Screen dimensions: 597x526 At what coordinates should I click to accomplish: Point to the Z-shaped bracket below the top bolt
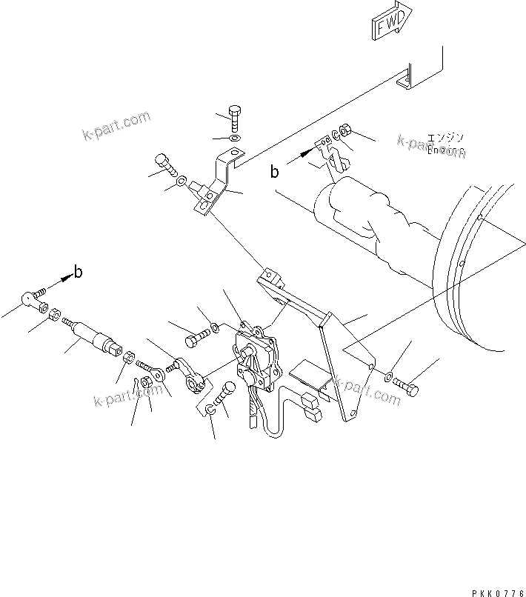click(x=216, y=185)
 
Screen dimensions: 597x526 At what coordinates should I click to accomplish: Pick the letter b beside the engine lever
click(x=275, y=173)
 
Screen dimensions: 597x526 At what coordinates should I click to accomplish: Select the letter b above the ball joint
click(x=79, y=271)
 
